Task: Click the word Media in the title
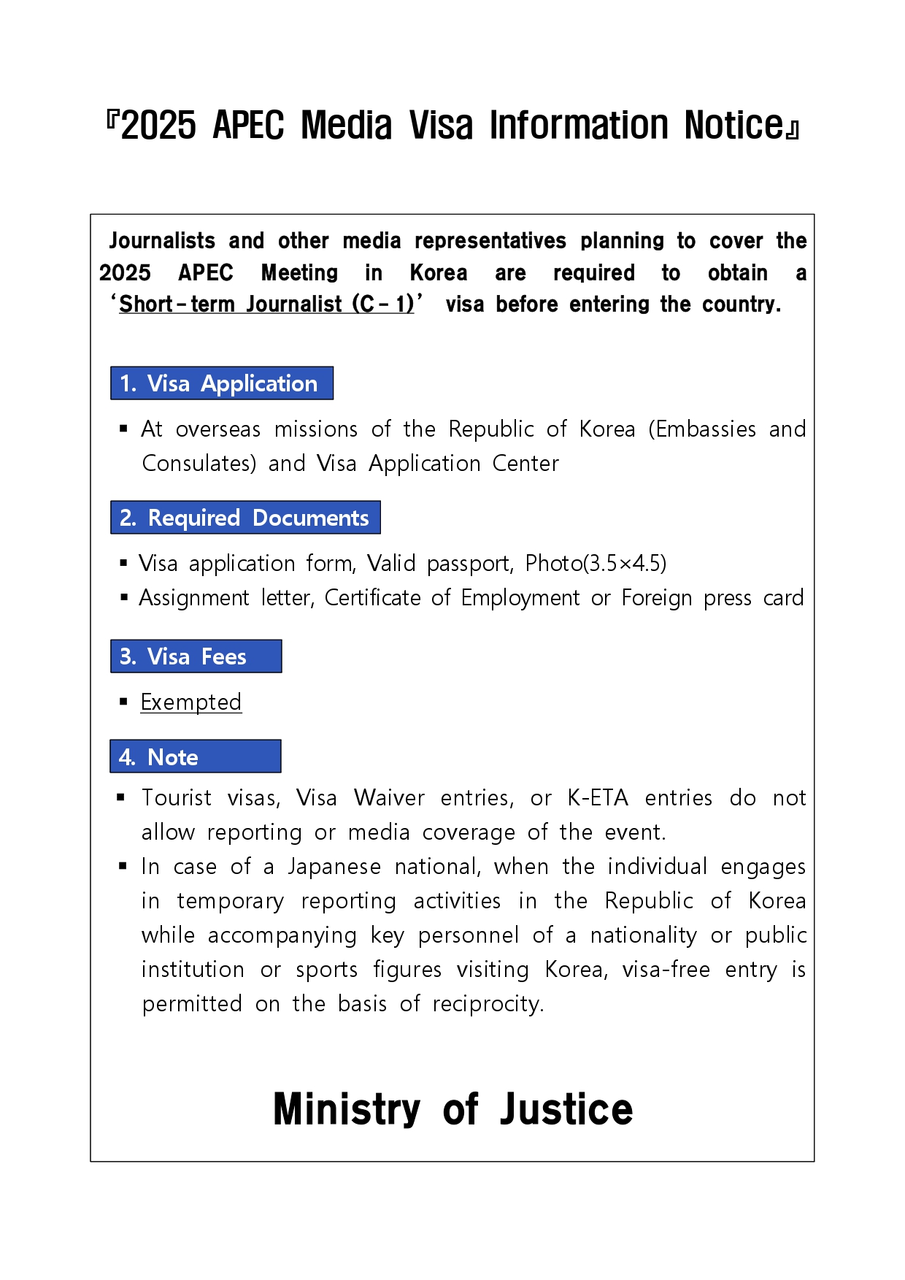[347, 126]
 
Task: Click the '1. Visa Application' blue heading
[221, 383]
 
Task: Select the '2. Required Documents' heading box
[245, 518]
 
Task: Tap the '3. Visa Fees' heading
[196, 656]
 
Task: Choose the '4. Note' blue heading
[195, 756]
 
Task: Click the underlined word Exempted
[190, 702]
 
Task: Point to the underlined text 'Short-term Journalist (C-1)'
[266, 304]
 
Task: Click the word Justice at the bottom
[566, 1109]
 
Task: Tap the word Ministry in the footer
[347, 1109]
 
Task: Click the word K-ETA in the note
[598, 798]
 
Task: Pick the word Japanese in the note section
[334, 867]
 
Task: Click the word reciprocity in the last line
[488, 1004]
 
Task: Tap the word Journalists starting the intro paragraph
[162, 241]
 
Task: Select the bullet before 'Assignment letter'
[123, 598]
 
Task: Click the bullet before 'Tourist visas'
[121, 797]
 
